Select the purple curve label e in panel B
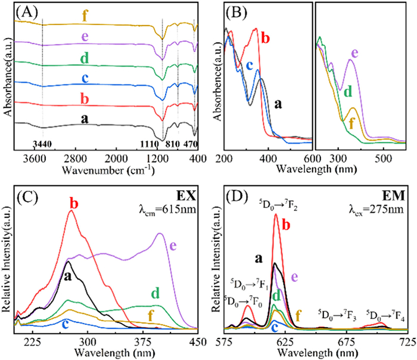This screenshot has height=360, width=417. [x=354, y=54]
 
